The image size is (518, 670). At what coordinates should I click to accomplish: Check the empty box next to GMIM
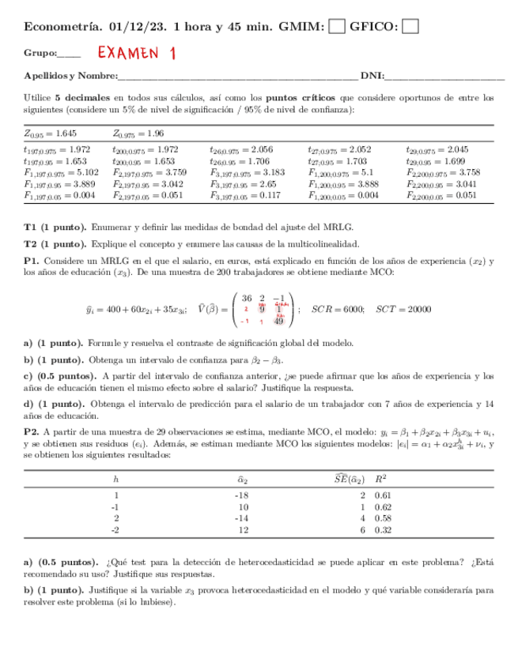[x=336, y=27]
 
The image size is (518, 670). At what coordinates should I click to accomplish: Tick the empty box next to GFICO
[x=410, y=27]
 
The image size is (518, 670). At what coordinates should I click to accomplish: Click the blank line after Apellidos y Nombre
[x=236, y=77]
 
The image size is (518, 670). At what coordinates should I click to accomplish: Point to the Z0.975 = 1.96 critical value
[x=138, y=134]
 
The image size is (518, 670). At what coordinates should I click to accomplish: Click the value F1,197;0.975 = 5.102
[x=61, y=171]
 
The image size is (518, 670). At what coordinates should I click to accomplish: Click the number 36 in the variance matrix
[x=246, y=298]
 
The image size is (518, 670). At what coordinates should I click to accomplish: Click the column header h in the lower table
[x=115, y=478]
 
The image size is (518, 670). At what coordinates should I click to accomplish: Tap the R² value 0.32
[x=383, y=531]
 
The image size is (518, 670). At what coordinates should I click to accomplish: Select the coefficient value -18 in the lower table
[x=242, y=495]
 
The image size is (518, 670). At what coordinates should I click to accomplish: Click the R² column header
[x=380, y=478]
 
